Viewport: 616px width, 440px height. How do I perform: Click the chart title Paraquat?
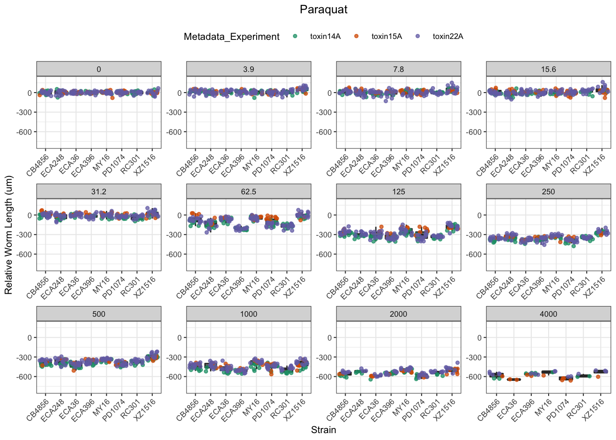324,10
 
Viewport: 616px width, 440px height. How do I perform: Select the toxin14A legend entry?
325,37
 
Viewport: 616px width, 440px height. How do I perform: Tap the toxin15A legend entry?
386,37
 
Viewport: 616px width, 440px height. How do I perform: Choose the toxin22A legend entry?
448,37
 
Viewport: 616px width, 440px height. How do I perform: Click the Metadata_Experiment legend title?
231,37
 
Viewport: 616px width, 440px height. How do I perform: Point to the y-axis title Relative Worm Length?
9,235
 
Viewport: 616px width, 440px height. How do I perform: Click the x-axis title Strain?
324,430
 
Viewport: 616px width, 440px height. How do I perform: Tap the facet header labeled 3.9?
248,69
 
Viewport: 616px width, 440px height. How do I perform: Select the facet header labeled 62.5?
248,192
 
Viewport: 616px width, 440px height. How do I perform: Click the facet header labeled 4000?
548,314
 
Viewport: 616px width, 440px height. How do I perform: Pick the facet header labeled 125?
398,192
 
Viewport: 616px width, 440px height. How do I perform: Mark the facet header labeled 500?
99,314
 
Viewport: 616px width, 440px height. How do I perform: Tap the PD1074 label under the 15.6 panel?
563,165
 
